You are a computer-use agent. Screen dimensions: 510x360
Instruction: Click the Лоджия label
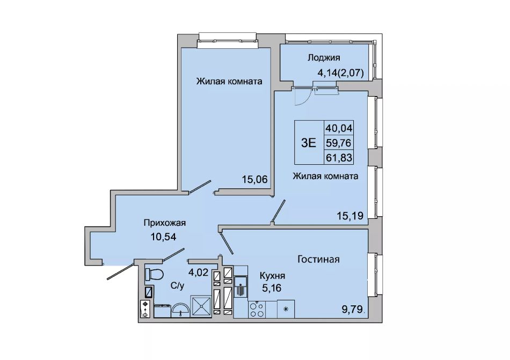coord(324,58)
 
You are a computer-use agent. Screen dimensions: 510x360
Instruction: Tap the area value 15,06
coord(254,179)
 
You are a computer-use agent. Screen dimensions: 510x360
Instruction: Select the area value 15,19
coord(351,215)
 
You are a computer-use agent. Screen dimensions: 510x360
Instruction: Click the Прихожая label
coord(165,223)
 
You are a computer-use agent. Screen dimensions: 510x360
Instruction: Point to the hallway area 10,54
coord(163,237)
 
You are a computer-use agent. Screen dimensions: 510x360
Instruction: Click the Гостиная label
coord(318,259)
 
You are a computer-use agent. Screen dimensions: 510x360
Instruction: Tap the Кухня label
coord(272,276)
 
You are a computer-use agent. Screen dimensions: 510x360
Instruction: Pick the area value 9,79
coord(352,310)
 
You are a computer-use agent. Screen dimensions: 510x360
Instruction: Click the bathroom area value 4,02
coord(199,272)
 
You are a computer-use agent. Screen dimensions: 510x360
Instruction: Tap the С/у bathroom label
coord(178,286)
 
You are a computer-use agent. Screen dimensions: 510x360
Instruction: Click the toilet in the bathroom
coord(154,274)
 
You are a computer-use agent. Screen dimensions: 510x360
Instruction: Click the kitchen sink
coord(241,286)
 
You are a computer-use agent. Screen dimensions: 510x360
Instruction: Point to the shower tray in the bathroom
coord(201,306)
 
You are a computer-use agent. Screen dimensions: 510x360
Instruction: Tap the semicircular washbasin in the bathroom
coord(181,310)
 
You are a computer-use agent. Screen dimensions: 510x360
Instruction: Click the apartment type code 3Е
coord(308,143)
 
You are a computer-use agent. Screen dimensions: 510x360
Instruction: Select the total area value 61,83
coord(339,158)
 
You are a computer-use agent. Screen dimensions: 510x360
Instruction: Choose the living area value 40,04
coord(339,128)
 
